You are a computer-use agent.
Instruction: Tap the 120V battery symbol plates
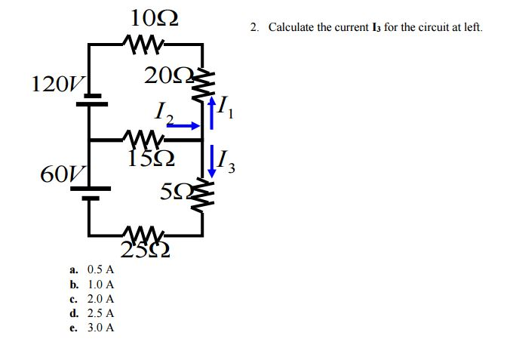click(91, 99)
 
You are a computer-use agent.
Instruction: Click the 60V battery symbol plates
click(91, 193)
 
